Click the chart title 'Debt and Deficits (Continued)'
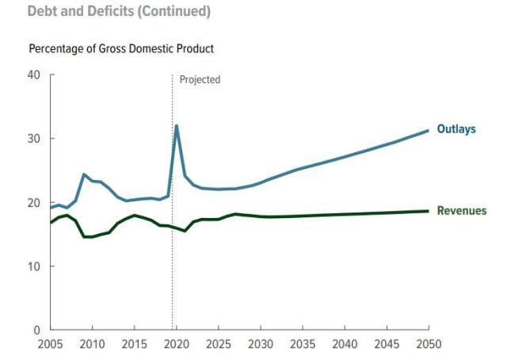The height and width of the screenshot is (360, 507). pyautogui.click(x=108, y=12)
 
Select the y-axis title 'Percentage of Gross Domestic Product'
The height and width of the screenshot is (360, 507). pyautogui.click(x=121, y=49)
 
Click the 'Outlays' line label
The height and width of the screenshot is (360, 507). pyautogui.click(x=456, y=129)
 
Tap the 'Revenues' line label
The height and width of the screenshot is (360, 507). pyautogui.click(x=461, y=211)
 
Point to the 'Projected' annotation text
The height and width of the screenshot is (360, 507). pyautogui.click(x=200, y=80)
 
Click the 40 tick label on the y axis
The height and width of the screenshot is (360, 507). pyautogui.click(x=33, y=75)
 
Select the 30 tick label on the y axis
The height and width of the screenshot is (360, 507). pyautogui.click(x=33, y=139)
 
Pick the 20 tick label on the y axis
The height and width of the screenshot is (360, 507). pyautogui.click(x=33, y=203)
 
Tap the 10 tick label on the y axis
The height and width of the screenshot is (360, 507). pyautogui.click(x=33, y=266)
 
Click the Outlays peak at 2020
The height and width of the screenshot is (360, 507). pyautogui.click(x=176, y=125)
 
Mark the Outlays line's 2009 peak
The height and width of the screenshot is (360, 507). pyautogui.click(x=84, y=174)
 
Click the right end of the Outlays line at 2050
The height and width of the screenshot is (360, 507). pyautogui.click(x=428, y=131)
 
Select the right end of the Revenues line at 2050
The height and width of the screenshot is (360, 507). pyautogui.click(x=428, y=211)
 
